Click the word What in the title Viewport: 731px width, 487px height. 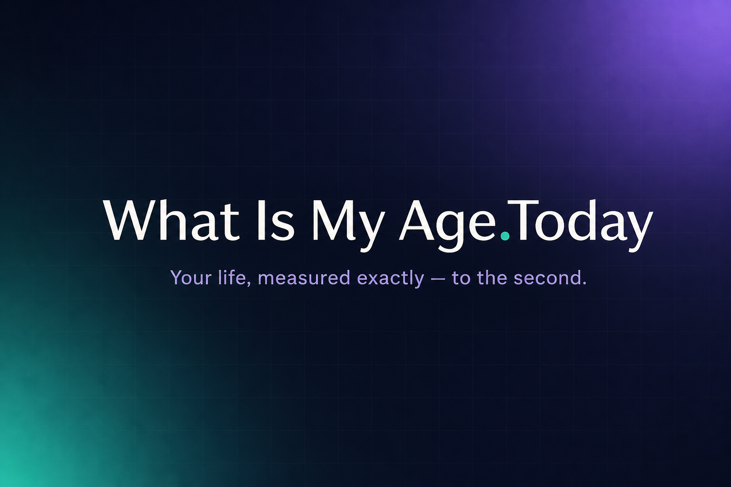(x=172, y=220)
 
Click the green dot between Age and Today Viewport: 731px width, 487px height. (x=505, y=235)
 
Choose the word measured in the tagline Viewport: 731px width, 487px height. (x=304, y=278)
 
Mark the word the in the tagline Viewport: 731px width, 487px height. (x=492, y=278)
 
